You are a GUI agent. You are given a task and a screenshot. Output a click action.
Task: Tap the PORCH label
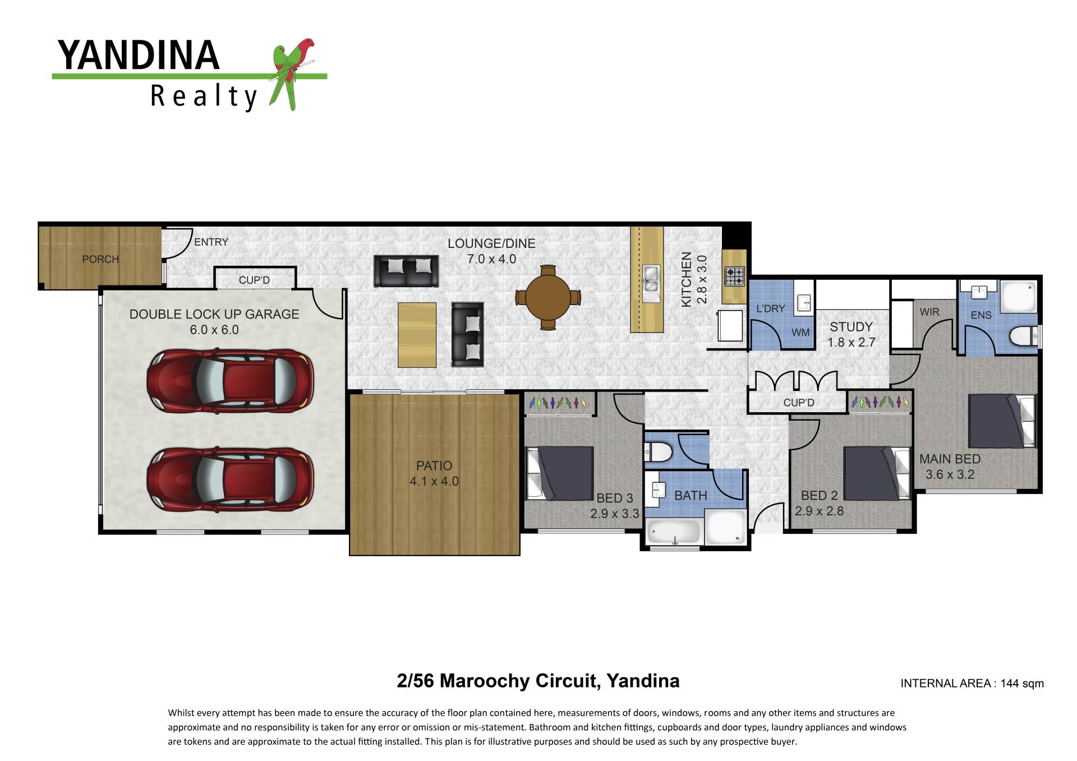[x=100, y=259]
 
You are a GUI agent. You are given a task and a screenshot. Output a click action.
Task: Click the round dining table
[x=548, y=297]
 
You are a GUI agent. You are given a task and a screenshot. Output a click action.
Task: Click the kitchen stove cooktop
[x=735, y=276]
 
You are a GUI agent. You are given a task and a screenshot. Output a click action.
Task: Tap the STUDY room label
[x=851, y=327]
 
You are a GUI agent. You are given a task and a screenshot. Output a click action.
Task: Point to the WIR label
[x=929, y=312]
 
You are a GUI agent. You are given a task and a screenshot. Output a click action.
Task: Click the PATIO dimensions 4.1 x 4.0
[x=434, y=481]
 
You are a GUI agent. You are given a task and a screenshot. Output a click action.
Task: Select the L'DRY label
[x=771, y=308]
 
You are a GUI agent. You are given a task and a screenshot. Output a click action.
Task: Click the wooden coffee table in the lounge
[x=417, y=335]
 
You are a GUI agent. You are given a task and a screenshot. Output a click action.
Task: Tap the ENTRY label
[x=211, y=242]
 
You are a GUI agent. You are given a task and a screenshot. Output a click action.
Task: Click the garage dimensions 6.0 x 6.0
[x=214, y=330]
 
